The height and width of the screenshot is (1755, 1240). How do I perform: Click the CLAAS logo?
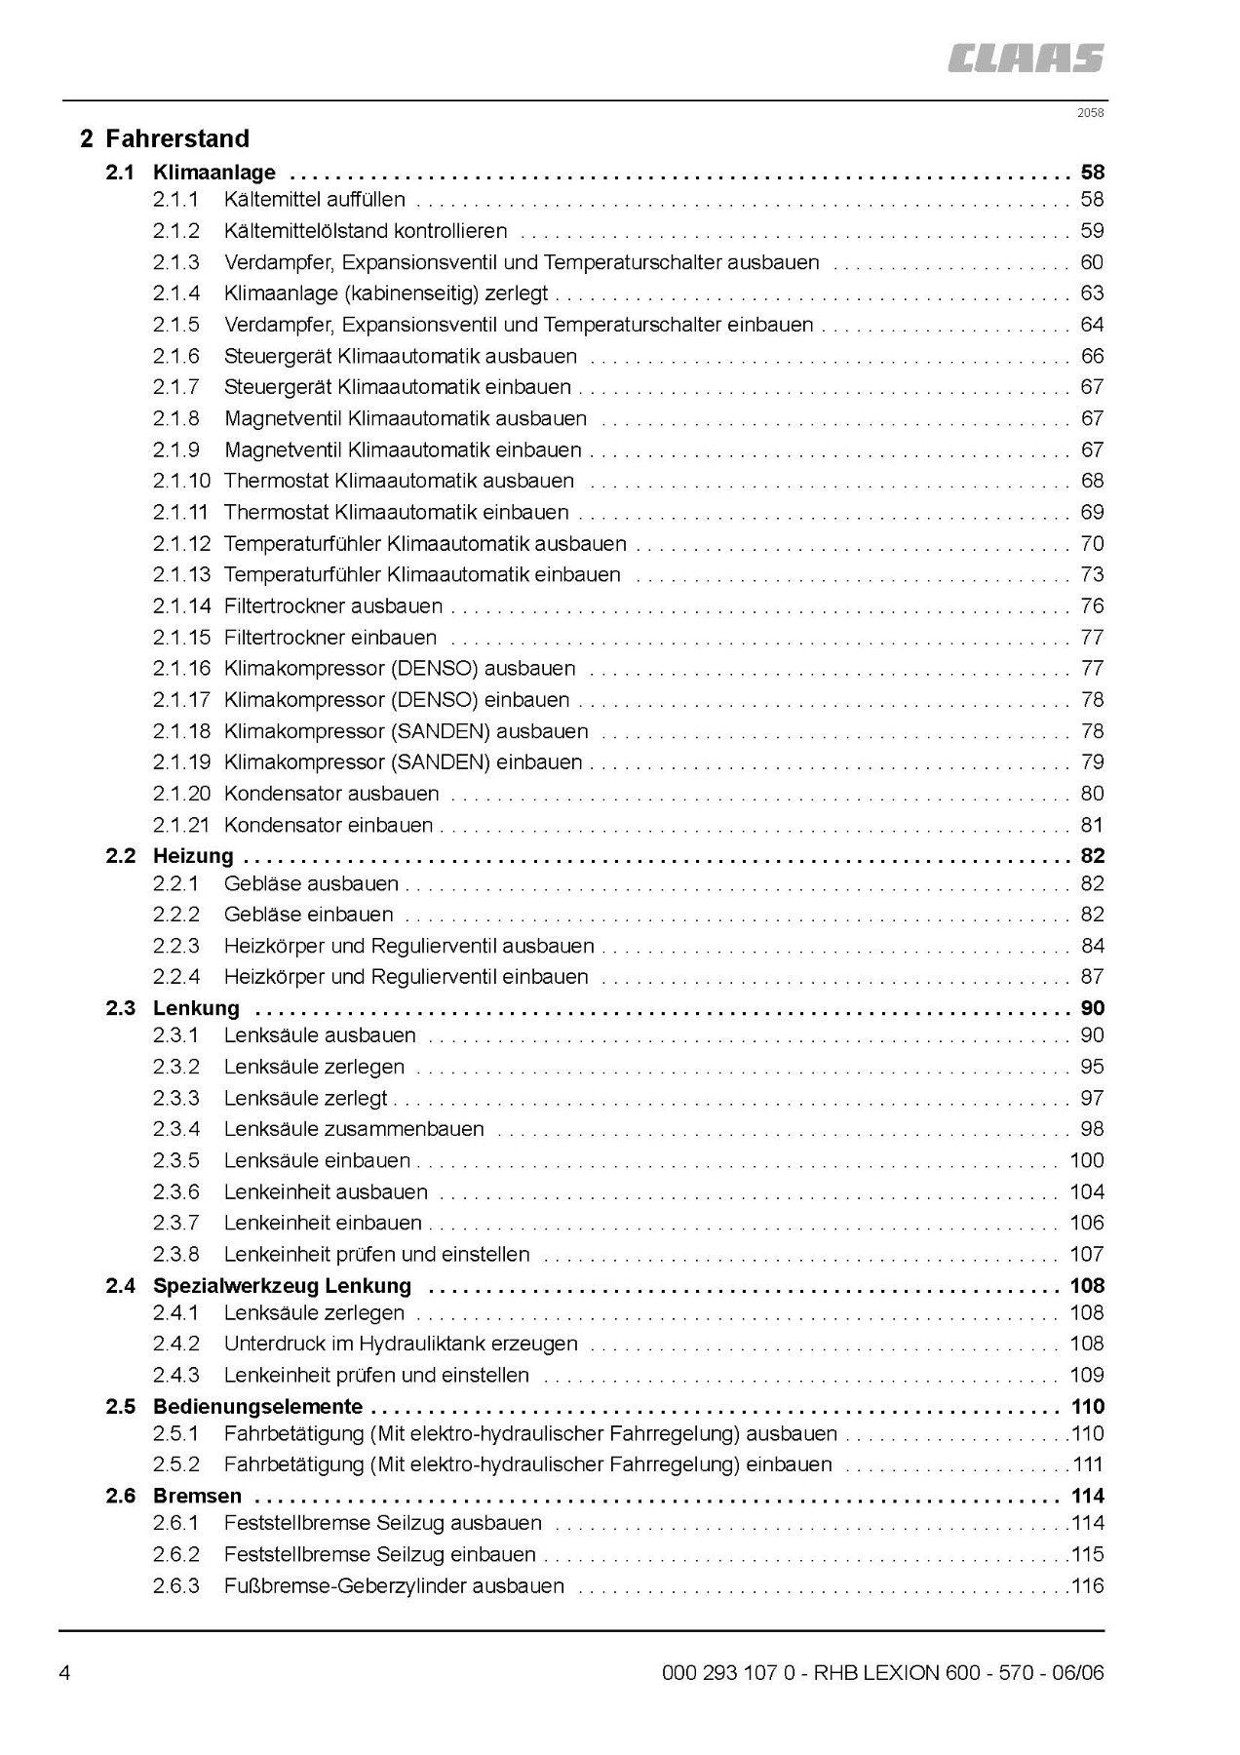click(1026, 58)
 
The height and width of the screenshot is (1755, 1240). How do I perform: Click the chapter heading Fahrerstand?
click(176, 138)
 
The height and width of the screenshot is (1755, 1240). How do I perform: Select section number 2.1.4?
click(175, 293)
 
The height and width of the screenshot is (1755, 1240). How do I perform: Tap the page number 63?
click(1092, 293)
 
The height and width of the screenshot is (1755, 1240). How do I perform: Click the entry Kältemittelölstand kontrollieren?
click(366, 231)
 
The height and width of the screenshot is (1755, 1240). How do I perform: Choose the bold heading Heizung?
click(193, 856)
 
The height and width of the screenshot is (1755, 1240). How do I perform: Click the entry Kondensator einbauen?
click(329, 825)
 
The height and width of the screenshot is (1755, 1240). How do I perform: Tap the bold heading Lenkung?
click(196, 1008)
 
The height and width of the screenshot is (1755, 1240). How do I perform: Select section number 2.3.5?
click(175, 1160)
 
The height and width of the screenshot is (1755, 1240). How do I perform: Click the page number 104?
click(1087, 1191)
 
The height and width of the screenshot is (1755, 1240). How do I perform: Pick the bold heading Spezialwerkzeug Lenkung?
click(282, 1285)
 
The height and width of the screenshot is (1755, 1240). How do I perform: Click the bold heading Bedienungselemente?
click(257, 1406)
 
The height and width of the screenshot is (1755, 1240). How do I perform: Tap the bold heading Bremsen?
click(197, 1496)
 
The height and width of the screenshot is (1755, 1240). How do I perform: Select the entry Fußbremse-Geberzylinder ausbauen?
click(394, 1585)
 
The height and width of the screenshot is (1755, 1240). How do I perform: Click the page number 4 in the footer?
click(64, 1674)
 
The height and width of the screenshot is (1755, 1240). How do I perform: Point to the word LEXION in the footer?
click(902, 1674)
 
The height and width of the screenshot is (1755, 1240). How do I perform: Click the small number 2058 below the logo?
click(1090, 112)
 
